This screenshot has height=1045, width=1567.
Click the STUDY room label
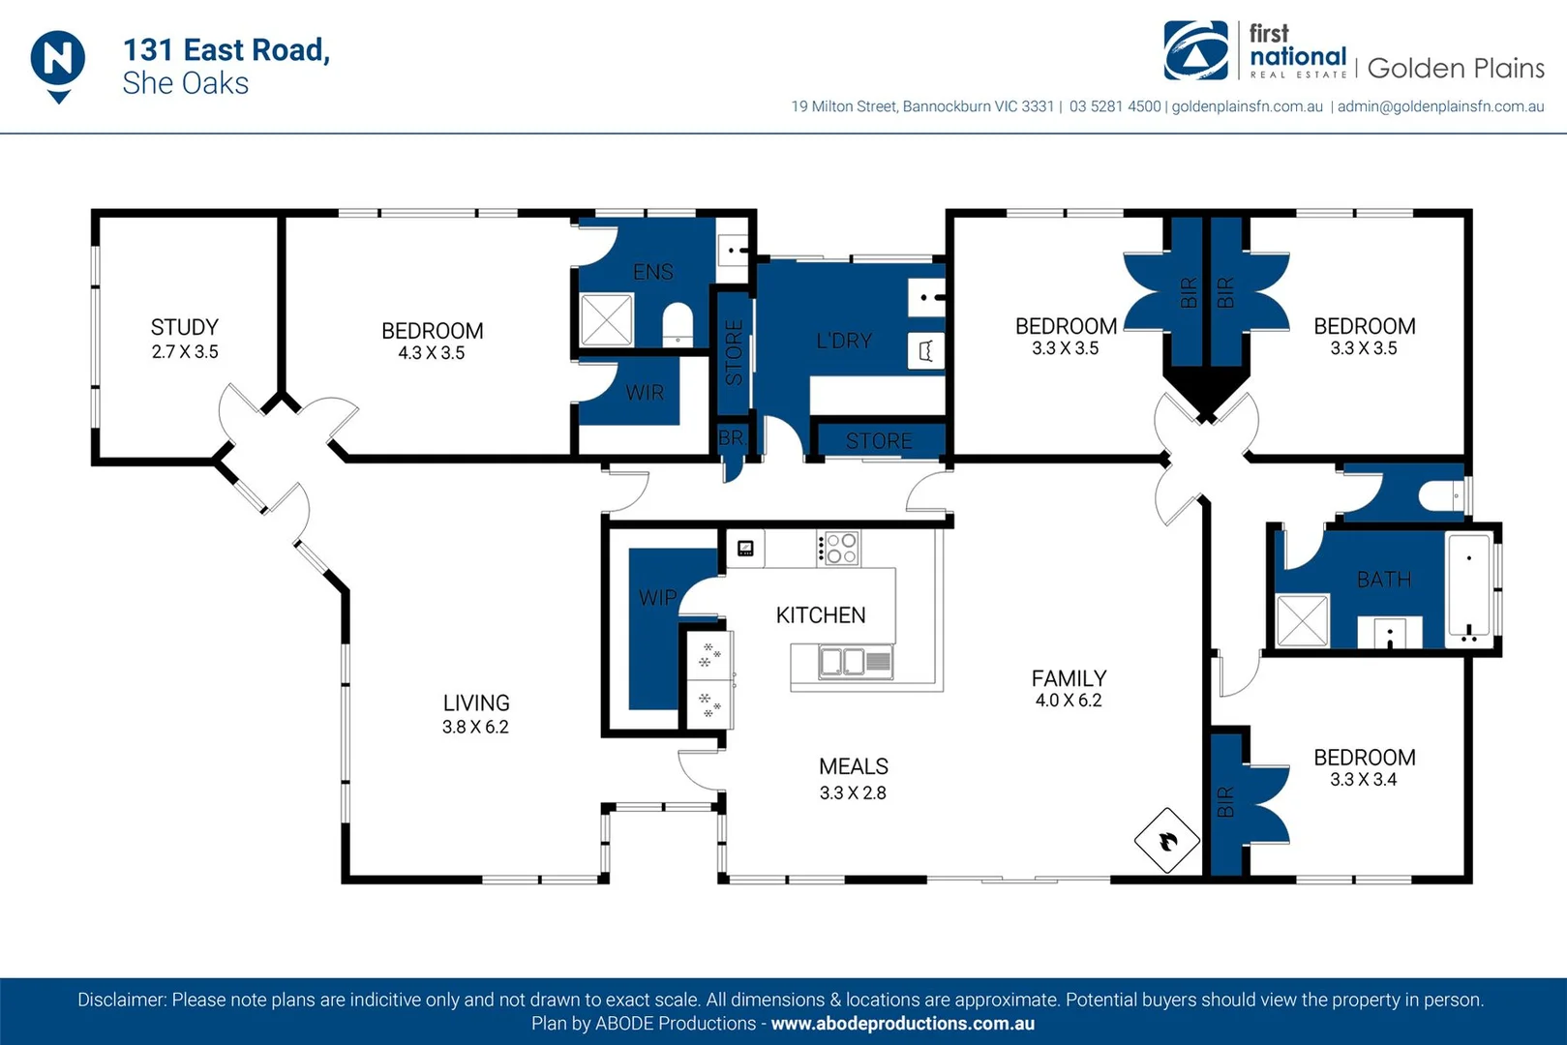[x=185, y=327]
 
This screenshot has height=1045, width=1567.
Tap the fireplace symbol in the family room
[x=1167, y=841]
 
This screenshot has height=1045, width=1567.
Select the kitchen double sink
[x=842, y=662]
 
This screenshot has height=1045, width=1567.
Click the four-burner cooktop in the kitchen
[x=839, y=548]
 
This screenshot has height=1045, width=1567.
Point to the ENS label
[x=652, y=272]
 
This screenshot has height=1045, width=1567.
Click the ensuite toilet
[x=678, y=325]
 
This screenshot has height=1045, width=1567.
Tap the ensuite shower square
[x=607, y=320]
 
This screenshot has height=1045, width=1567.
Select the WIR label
[x=645, y=393]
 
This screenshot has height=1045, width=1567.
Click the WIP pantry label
[x=657, y=598]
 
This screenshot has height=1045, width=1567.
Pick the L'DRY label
[x=844, y=341]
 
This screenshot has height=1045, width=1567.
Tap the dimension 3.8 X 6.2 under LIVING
[x=475, y=727]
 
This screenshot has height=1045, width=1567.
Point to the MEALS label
[x=853, y=766]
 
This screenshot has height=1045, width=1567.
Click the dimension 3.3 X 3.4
[x=1363, y=780]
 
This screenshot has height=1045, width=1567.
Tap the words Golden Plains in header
[x=1455, y=69]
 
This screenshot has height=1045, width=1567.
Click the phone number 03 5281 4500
[x=1114, y=106]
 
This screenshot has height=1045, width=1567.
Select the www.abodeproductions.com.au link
[x=902, y=1024]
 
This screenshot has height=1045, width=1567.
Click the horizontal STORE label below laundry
[x=879, y=441]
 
